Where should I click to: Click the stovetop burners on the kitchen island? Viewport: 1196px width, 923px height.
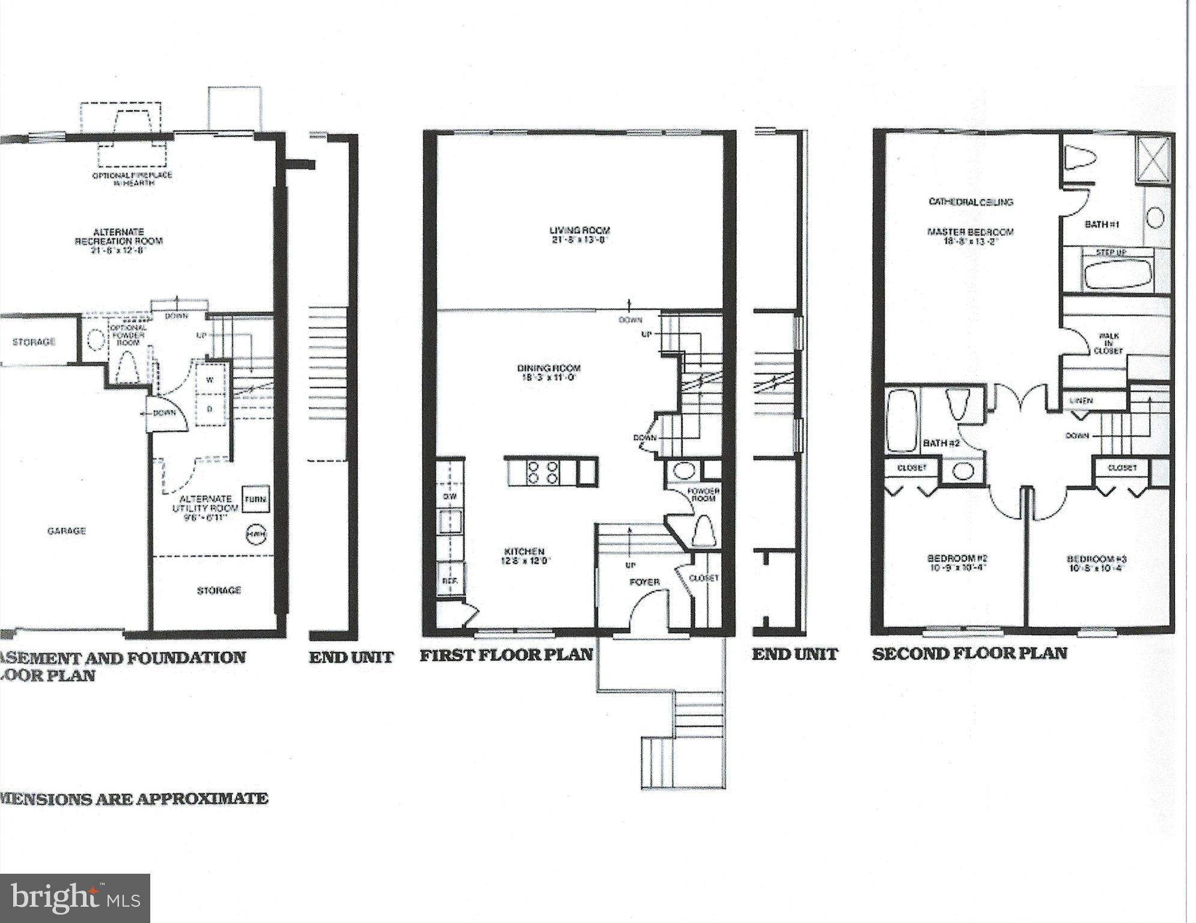click(543, 472)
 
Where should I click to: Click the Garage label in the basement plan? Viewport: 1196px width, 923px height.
click(66, 531)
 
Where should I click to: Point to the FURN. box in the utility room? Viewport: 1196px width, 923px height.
click(255, 499)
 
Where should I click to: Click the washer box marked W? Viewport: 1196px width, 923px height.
click(210, 380)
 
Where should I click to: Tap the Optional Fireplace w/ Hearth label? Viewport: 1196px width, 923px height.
click(132, 178)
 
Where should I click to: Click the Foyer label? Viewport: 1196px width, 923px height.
click(644, 582)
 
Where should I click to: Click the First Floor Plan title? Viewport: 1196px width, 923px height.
click(506, 654)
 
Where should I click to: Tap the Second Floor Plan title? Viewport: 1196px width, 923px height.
click(969, 653)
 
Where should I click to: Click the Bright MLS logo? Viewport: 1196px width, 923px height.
click(75, 898)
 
